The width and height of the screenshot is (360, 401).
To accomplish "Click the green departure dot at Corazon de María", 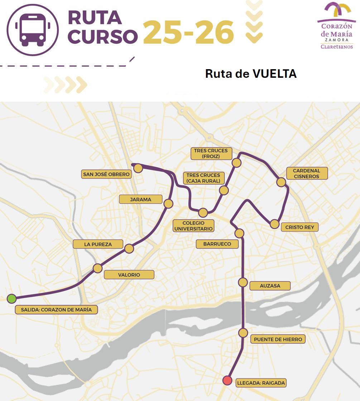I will (x=12, y=298).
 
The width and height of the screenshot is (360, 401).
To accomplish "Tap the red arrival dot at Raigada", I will (x=227, y=380).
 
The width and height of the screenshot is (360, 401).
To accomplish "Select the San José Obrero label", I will (x=106, y=175).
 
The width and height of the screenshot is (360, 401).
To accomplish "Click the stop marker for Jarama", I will (x=168, y=204).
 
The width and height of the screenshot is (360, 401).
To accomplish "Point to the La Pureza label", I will (x=98, y=244).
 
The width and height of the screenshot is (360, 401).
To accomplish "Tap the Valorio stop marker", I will (x=97, y=268).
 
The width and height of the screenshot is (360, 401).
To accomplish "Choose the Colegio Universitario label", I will (x=193, y=226).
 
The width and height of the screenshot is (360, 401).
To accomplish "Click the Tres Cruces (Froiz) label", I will (x=211, y=153).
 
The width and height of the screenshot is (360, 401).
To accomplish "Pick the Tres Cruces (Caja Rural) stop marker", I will (x=224, y=190).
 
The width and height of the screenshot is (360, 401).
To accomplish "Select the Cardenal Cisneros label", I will (x=307, y=173).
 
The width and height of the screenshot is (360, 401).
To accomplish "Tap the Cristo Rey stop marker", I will (x=274, y=224).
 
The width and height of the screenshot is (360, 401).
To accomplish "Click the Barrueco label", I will (x=217, y=244).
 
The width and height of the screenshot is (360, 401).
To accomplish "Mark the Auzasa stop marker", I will (x=243, y=282).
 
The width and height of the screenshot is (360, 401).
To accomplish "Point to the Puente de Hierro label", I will (x=278, y=339).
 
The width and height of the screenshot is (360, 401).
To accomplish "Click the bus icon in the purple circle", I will (x=33, y=29).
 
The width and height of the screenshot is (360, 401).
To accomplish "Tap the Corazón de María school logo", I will (x=336, y=25).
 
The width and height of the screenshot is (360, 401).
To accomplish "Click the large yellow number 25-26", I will (x=188, y=33).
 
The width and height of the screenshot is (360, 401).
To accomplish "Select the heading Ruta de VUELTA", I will (x=251, y=74).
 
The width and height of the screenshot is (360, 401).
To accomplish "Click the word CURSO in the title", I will (x=102, y=36).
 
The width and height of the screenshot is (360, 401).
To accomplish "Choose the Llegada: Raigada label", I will (x=261, y=383).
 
